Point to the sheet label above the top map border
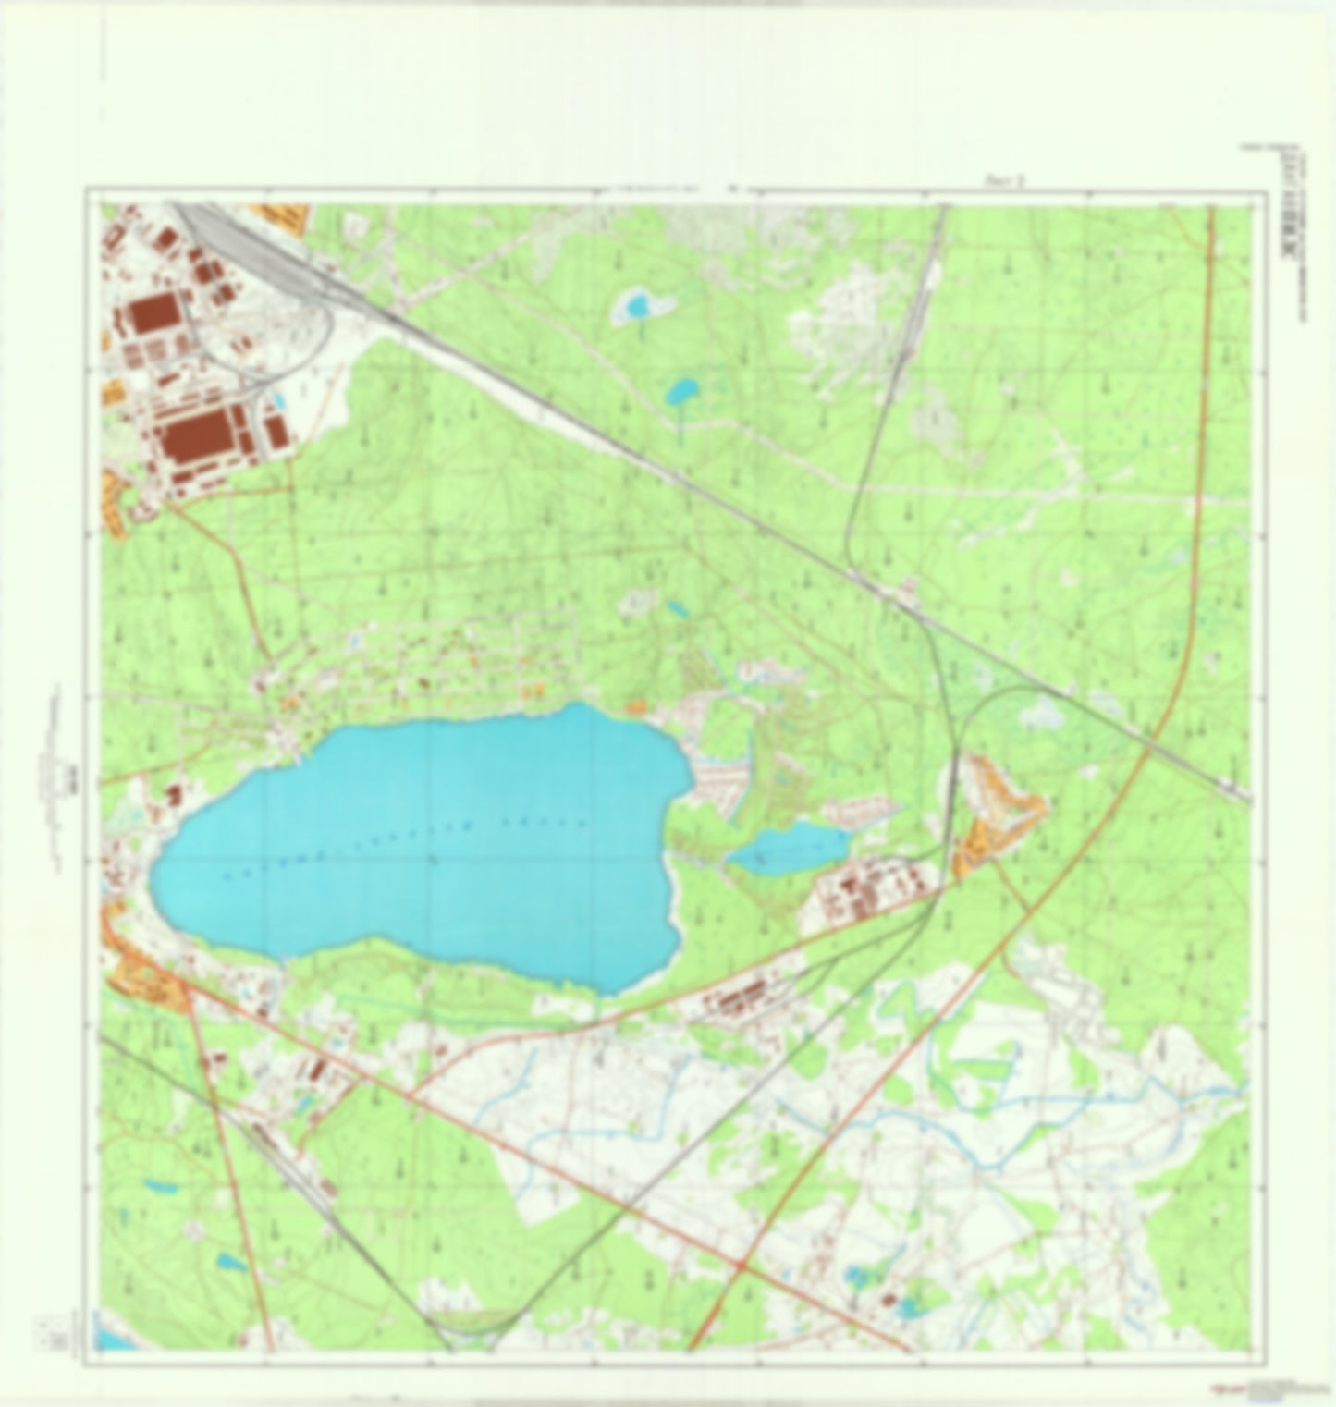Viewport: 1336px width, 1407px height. tap(1003, 183)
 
